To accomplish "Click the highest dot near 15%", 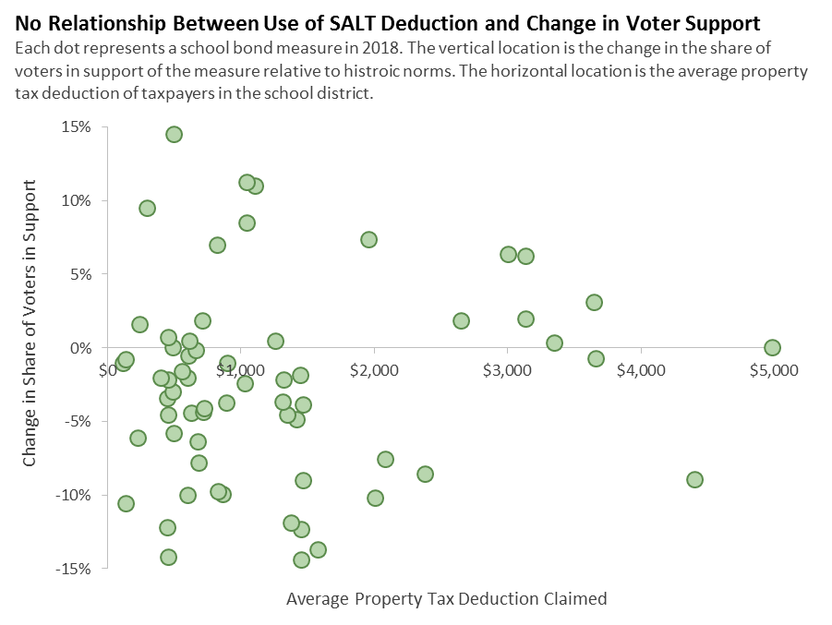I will [x=174, y=135].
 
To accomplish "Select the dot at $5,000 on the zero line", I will [x=772, y=348].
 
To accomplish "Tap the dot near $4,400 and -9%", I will [x=694, y=480].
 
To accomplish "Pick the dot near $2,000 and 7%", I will [x=368, y=240].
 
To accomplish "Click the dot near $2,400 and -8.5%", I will [x=425, y=475].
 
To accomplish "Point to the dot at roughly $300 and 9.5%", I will [x=147, y=209].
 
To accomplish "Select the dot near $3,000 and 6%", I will [x=508, y=255].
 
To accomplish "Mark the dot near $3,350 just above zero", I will [x=554, y=343].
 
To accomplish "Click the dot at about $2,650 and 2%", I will [x=461, y=321].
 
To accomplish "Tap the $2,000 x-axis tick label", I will [x=374, y=370].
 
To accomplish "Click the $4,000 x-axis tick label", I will [x=640, y=370].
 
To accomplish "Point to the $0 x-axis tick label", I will [x=109, y=370].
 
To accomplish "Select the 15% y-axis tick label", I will [x=76, y=127].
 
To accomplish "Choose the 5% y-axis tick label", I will [x=79, y=274].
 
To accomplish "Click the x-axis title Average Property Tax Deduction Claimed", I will [x=447, y=599].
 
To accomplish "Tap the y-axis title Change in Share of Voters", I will [x=30, y=323].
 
